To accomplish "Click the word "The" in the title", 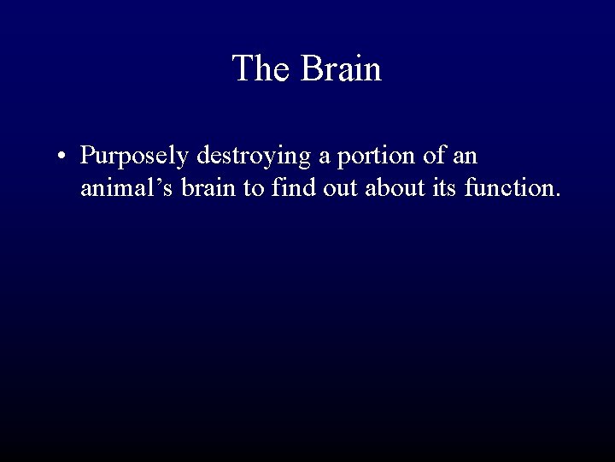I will pyautogui.click(x=261, y=68).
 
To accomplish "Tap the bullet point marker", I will pyautogui.click(x=64, y=157).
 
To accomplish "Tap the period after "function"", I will pyautogui.click(x=558, y=195).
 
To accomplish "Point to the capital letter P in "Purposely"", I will pyautogui.click(x=89, y=157).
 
